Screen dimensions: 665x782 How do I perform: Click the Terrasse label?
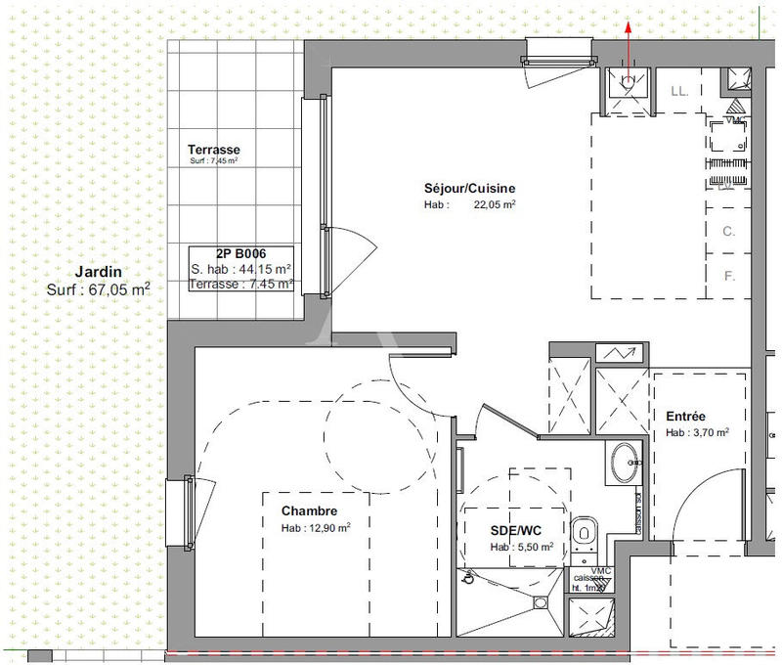pos(214,150)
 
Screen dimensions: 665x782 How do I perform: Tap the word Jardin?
pos(98,272)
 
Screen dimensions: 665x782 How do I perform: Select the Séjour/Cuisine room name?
pos(469,189)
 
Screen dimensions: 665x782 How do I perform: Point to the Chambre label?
pos(309,510)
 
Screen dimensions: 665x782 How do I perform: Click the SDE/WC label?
pos(516,531)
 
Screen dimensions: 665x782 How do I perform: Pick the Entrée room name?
pos(686,416)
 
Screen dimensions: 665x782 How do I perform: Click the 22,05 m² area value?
pos(496,205)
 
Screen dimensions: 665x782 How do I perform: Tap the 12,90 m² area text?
pos(329,527)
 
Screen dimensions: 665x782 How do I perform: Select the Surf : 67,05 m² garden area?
pos(98,289)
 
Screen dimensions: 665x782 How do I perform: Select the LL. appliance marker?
pos(679,92)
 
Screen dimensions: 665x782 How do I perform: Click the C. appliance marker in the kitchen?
pos(728,232)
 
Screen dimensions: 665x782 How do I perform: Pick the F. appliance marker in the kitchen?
pos(728,276)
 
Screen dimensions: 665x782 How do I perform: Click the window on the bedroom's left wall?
pos(180,511)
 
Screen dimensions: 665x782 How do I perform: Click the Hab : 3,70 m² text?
pos(698,432)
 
